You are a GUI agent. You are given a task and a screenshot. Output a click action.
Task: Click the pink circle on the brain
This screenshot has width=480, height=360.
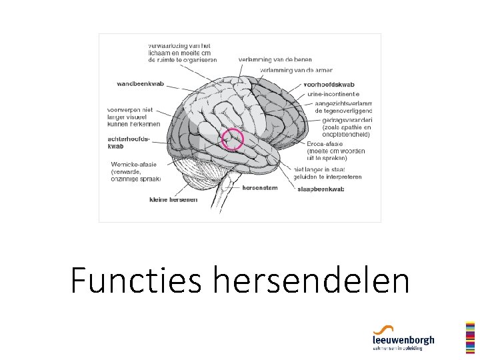tap(233, 139)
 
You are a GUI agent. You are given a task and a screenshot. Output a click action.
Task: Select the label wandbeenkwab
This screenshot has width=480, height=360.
tap(140, 84)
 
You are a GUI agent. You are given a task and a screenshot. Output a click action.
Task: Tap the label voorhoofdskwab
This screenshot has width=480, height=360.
tap(329, 85)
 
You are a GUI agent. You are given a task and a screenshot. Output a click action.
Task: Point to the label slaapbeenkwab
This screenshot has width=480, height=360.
tap(321, 189)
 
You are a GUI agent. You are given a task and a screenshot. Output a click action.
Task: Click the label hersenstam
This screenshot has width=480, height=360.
tap(259, 187)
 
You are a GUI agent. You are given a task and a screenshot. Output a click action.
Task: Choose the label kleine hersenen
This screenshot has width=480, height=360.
tap(173, 199)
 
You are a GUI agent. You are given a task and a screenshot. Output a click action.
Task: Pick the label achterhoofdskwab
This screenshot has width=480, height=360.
tap(129, 142)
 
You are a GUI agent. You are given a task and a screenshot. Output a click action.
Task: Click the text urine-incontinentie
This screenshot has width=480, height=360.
tap(333, 95)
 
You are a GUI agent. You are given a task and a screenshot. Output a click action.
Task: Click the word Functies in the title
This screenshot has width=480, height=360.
tap(136, 280)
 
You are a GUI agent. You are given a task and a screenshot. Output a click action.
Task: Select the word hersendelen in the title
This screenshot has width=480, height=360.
tap(311, 280)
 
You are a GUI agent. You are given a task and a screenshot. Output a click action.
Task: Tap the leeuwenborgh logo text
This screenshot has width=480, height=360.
tap(403, 340)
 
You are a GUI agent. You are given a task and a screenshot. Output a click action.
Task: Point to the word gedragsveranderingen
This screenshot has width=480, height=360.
tap(347, 121)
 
